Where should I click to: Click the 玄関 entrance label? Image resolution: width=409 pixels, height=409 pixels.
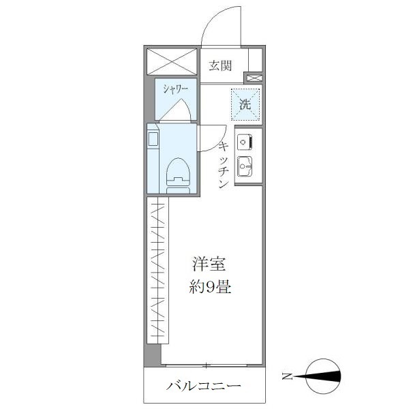(220, 66)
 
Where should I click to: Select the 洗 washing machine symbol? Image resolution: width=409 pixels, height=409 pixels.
(245, 104)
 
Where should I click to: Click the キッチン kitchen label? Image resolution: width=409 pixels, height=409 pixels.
(223, 166)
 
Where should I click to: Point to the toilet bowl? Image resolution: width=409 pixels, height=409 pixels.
(178, 173)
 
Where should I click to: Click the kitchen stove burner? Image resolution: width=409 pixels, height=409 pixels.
(245, 142)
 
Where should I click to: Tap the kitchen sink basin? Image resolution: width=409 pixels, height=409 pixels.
(245, 166)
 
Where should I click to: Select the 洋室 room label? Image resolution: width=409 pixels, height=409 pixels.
(209, 264)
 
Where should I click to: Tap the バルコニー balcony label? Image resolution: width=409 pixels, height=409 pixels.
(204, 387)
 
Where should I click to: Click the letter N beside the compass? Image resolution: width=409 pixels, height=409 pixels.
(288, 376)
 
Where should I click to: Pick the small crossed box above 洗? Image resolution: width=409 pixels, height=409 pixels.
(253, 78)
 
